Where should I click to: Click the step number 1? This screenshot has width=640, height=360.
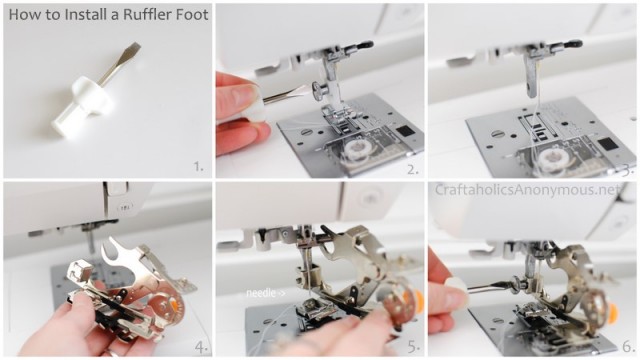[198, 167]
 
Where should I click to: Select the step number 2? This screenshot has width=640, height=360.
[413, 169]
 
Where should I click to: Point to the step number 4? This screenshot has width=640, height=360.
[201, 348]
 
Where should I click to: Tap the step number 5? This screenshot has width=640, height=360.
[414, 347]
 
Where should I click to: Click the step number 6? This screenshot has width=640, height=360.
[628, 347]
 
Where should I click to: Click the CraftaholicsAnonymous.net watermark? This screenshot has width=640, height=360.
[528, 190]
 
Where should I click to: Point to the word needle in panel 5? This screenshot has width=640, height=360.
[260, 293]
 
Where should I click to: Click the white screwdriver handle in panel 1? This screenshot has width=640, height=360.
[83, 106]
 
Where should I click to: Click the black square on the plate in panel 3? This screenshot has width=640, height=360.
[608, 144]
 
